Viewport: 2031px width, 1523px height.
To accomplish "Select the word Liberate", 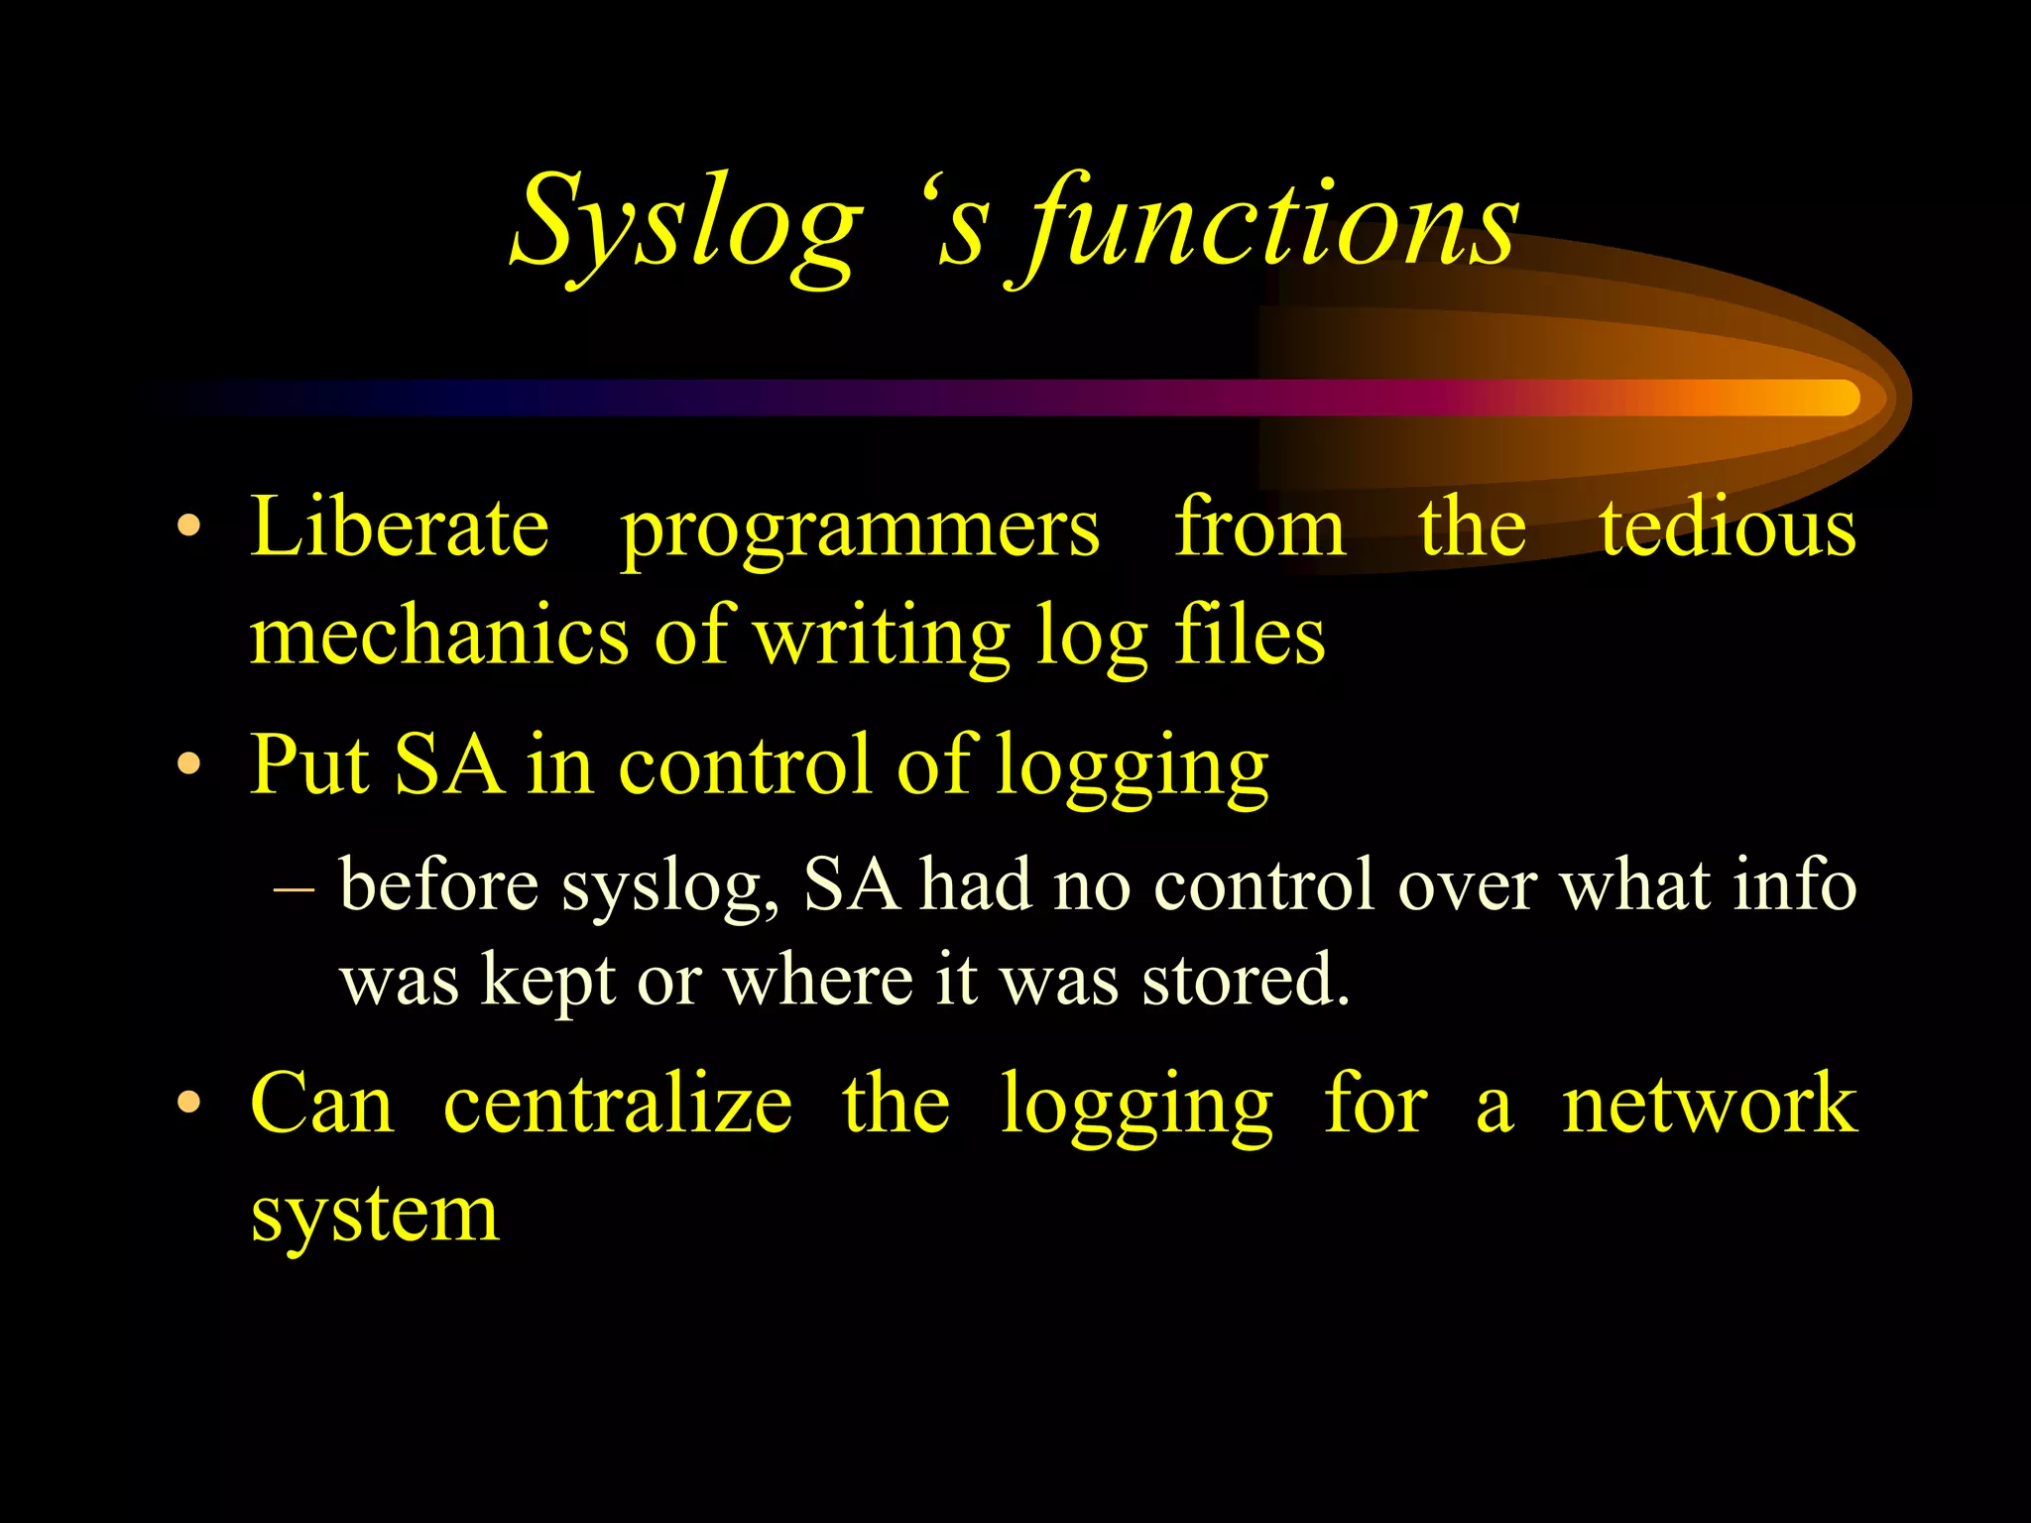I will [x=399, y=527].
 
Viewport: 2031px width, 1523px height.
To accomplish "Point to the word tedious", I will [x=1728, y=527].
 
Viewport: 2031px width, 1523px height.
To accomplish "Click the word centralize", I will [x=618, y=1104].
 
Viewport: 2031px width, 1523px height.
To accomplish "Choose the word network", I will [x=1709, y=1104].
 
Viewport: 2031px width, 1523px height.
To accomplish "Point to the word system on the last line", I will [x=375, y=1214].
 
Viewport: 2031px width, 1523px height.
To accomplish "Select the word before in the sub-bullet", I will [x=439, y=883].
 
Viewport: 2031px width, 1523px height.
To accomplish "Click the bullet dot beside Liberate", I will [x=189, y=527].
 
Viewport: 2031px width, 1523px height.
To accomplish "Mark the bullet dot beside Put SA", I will [x=189, y=764].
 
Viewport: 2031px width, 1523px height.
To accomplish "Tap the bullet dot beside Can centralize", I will [x=189, y=1104].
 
